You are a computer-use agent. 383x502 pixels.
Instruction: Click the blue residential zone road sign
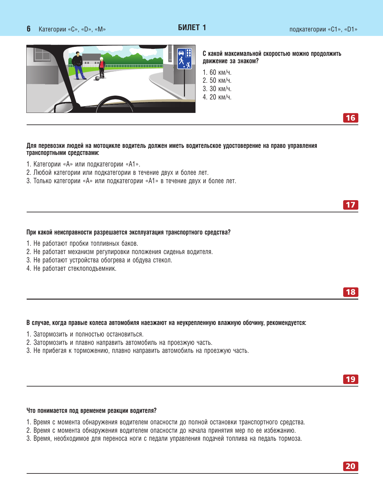[184, 58]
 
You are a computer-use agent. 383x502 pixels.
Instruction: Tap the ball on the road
[98, 78]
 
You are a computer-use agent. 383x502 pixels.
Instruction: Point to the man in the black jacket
[78, 66]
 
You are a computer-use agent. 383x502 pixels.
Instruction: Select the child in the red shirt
[102, 68]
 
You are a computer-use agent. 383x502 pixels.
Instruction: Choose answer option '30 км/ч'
[217, 89]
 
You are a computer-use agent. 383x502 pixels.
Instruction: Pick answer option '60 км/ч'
[217, 72]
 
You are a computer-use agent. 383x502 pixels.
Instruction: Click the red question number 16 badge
[350, 118]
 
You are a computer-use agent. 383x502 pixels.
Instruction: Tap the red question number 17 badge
[350, 205]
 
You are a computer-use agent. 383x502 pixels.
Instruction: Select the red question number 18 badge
[350, 292]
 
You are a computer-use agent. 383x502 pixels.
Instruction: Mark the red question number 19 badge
[350, 379]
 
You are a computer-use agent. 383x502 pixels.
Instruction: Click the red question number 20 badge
[350, 466]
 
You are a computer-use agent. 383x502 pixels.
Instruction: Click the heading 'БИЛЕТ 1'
[192, 28]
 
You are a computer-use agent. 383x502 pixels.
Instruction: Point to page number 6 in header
[29, 29]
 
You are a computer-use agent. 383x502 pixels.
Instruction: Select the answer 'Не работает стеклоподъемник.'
[71, 268]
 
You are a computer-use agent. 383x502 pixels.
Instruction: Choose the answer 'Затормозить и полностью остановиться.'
[85, 334]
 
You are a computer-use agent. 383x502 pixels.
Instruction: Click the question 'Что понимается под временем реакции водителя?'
[91, 411]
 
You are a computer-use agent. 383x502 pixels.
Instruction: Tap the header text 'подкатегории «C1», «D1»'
[323, 29]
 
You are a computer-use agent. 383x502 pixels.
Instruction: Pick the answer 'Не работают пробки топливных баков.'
[82, 243]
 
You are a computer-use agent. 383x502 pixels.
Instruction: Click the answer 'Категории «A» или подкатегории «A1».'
[83, 164]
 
